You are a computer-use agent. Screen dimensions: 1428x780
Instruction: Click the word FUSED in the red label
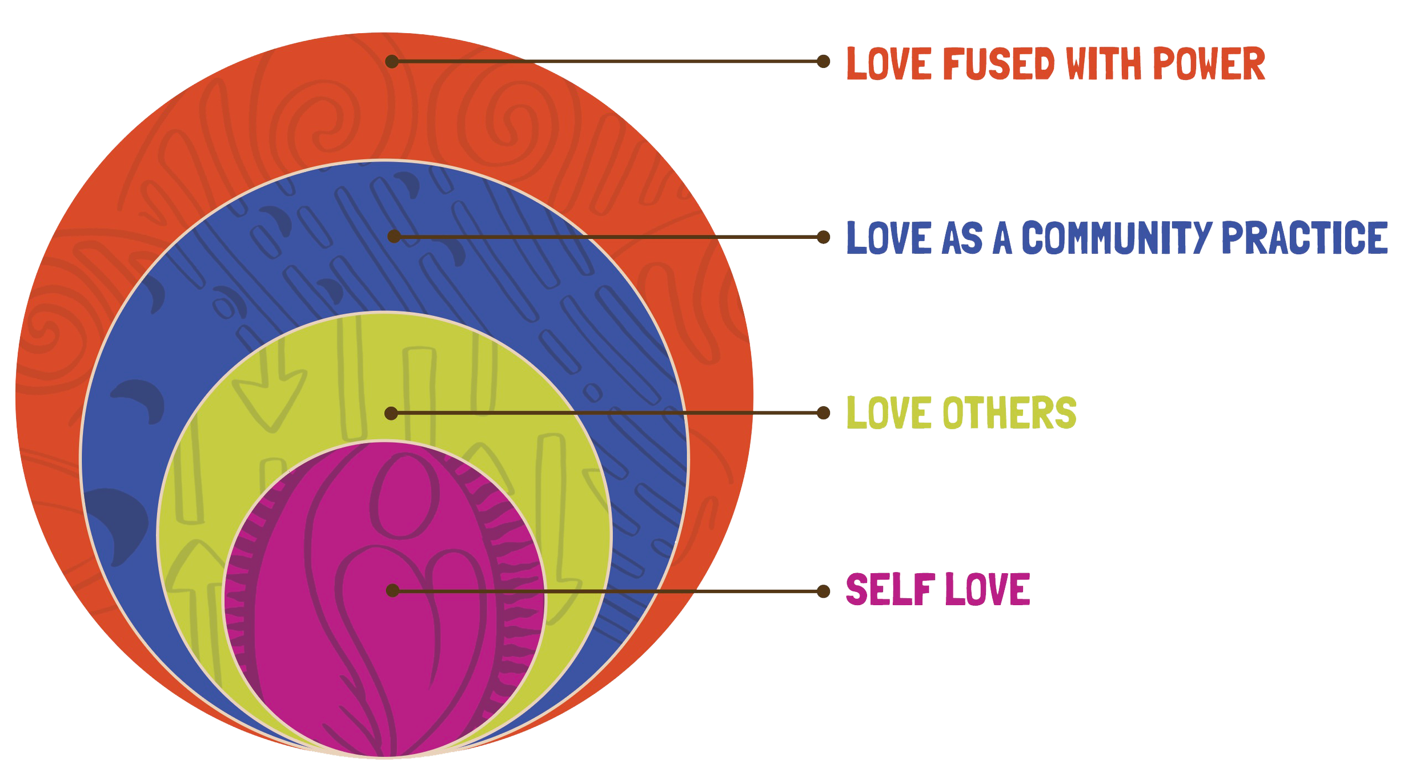pos(998,63)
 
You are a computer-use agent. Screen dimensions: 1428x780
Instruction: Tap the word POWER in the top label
pos(1209,63)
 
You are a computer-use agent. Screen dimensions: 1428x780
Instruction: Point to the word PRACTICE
pos(1305,237)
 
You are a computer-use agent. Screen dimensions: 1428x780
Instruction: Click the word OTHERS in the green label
pos(1009,412)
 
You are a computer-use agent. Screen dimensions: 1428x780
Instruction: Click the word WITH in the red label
pos(1104,63)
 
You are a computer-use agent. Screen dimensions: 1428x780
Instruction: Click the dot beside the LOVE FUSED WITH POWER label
pos(823,61)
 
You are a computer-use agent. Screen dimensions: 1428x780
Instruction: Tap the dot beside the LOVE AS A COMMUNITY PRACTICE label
pos(823,237)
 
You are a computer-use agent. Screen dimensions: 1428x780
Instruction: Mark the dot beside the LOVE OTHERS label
pos(823,413)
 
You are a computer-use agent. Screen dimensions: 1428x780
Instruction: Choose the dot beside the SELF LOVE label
pos(823,591)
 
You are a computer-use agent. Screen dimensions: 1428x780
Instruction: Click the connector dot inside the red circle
pos(392,61)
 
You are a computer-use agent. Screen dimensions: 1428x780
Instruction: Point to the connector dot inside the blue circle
pos(394,236)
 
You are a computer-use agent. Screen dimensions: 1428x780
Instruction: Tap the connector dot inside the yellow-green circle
pos(391,413)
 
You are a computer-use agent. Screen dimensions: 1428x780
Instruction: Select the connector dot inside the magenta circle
pos(392,590)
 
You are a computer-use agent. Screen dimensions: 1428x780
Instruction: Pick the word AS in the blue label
pos(962,237)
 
